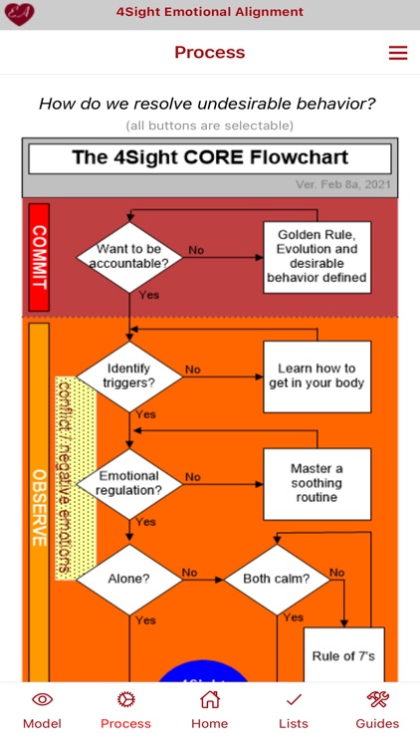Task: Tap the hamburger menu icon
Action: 398,53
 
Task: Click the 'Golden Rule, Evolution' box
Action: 316,257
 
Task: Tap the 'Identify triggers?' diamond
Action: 129,376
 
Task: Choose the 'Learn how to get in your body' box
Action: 316,375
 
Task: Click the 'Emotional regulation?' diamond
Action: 129,484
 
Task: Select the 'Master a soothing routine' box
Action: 316,483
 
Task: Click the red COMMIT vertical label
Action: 39,257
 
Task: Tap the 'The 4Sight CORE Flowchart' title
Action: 210,158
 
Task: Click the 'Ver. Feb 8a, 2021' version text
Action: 344,185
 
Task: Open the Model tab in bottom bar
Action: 42,710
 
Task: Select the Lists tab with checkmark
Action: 294,710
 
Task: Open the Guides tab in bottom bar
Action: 377,710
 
